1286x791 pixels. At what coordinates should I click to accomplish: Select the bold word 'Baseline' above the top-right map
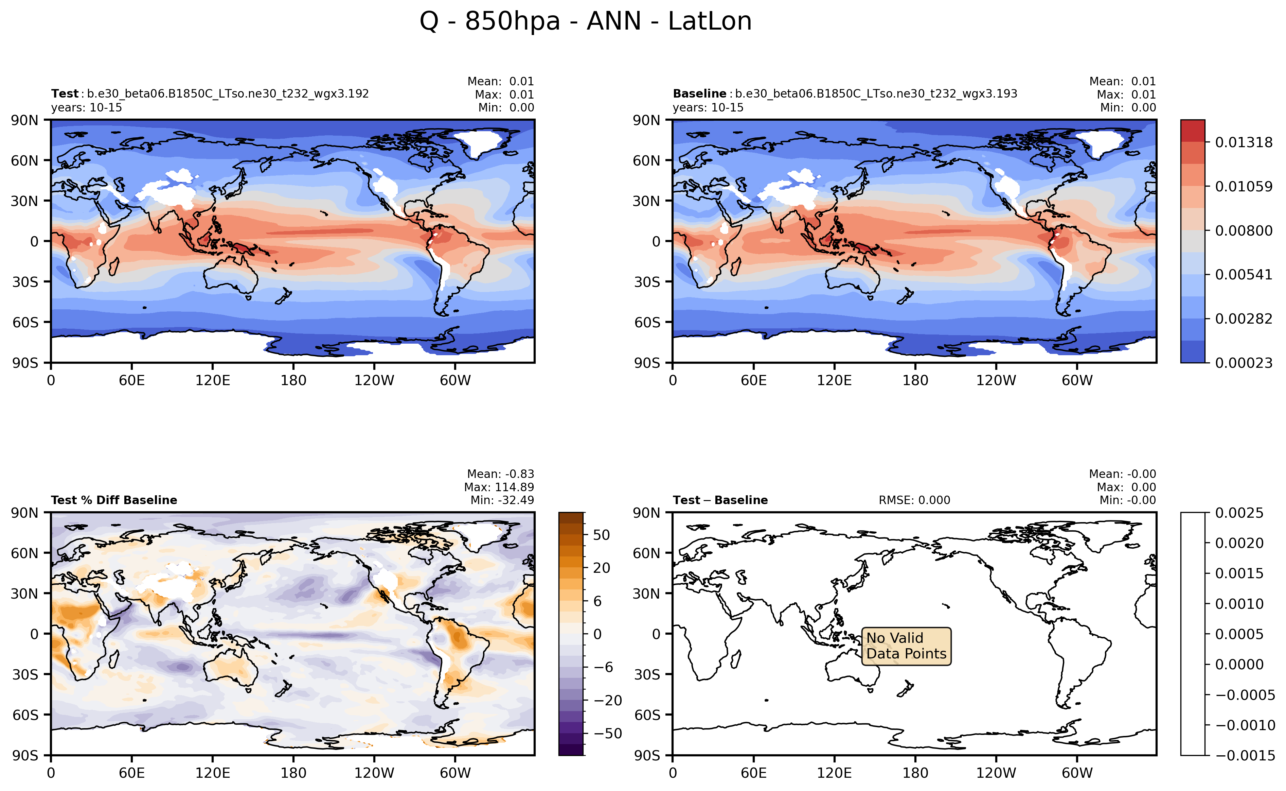pyautogui.click(x=699, y=93)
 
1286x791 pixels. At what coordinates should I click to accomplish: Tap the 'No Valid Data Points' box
pyautogui.click(x=906, y=646)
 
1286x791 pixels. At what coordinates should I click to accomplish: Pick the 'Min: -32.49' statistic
pyautogui.click(x=502, y=500)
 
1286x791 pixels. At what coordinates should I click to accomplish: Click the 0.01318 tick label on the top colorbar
pyautogui.click(x=1243, y=142)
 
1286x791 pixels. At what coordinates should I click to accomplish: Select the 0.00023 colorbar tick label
pyautogui.click(x=1243, y=363)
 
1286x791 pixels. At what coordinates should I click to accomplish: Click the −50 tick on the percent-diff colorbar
pyautogui.click(x=607, y=734)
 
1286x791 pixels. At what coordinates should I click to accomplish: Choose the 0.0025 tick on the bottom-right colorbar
pyautogui.click(x=1239, y=513)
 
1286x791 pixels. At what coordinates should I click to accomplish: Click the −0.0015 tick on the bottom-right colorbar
pyautogui.click(x=1244, y=755)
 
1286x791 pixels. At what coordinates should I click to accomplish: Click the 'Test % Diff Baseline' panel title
pyautogui.click(x=114, y=500)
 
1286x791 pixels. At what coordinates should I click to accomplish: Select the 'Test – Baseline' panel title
pyautogui.click(x=720, y=500)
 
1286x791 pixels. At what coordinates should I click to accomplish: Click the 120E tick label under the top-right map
pyautogui.click(x=834, y=380)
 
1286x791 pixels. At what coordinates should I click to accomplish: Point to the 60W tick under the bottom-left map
pyautogui.click(x=455, y=773)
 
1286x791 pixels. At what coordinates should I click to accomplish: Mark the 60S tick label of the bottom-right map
pyautogui.click(x=647, y=715)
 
